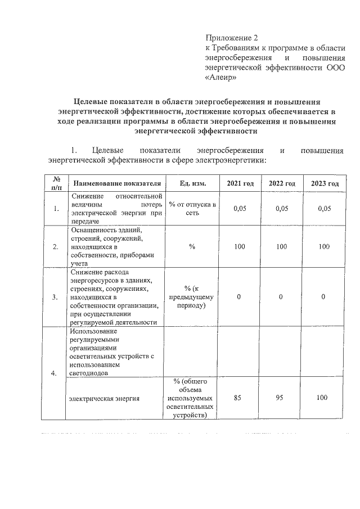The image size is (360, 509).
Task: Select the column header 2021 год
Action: tap(240, 184)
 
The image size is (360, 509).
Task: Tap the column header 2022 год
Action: tap(282, 184)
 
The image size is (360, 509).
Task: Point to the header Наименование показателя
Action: tap(116, 184)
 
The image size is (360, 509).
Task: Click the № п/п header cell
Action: tap(56, 184)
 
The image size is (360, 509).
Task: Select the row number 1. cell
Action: tap(56, 209)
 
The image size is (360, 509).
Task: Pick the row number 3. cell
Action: tap(56, 298)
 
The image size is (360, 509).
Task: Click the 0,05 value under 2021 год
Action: tap(240, 209)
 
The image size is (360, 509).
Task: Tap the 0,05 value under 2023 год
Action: tap(324, 209)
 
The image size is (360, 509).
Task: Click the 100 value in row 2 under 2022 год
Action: tap(282, 246)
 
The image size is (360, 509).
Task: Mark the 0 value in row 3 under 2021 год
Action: tap(240, 296)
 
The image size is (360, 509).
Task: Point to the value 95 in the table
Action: tap(281, 398)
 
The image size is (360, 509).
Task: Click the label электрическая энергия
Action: tap(104, 398)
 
